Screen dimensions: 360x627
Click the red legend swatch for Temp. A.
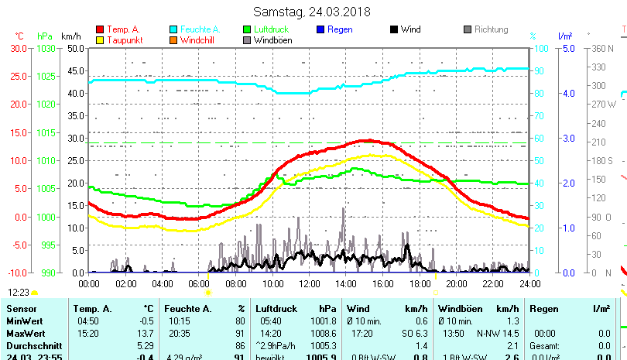click(100, 29)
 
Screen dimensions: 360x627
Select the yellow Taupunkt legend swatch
click(100, 39)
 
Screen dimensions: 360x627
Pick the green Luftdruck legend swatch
click(247, 29)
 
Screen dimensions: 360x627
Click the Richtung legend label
click(491, 29)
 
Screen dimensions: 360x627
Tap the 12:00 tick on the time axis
click(309, 283)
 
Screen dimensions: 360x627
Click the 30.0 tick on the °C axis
click(19, 48)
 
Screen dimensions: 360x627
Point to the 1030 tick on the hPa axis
click(46, 48)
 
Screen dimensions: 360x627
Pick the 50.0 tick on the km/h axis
click(75, 48)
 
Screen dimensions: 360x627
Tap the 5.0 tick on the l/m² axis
click(566, 48)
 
